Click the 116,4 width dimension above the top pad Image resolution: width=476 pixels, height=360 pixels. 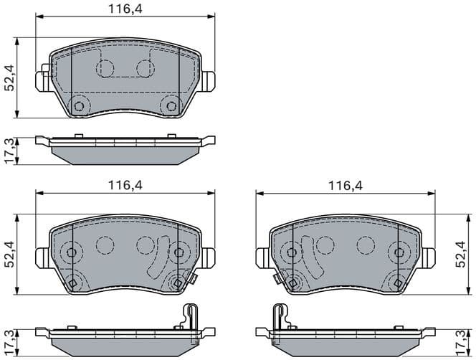coord(125,10)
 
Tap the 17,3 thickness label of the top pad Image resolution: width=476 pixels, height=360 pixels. coord(9,151)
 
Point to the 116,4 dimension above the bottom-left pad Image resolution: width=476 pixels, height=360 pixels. coord(125,185)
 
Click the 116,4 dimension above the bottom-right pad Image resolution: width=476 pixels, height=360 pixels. coord(346,185)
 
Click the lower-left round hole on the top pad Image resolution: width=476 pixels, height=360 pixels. coord(79,106)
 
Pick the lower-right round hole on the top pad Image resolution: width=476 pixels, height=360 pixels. coord(171,106)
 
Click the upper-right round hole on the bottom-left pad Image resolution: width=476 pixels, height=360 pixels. coord(178,252)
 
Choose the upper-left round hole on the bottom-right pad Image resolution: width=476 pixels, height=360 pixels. coord(292,252)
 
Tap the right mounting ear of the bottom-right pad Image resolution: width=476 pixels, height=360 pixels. coord(429,255)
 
